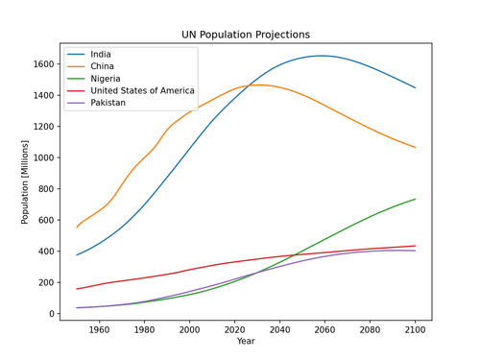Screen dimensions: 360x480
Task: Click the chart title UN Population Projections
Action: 246,35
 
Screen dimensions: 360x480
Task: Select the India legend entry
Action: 101,54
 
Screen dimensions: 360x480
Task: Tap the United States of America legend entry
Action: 142,90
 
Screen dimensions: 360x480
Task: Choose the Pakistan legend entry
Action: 108,102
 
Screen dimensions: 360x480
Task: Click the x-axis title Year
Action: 246,341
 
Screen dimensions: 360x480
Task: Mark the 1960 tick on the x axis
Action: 100,328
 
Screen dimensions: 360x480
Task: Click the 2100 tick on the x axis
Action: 416,328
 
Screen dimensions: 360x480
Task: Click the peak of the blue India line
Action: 322,56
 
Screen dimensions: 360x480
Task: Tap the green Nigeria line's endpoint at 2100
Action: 416,199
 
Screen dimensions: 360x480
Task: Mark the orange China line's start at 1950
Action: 77,228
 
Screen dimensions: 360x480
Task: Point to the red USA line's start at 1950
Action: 77,289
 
